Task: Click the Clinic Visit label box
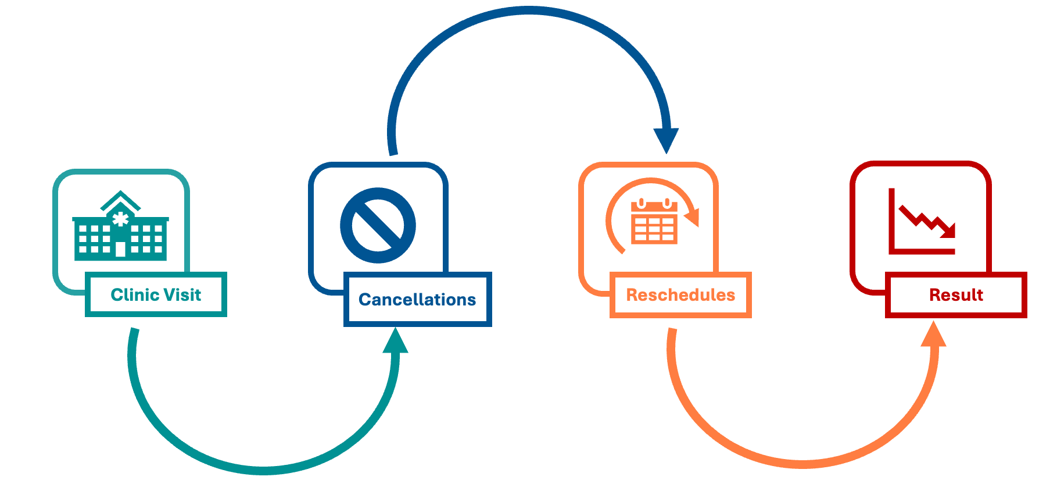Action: (x=156, y=294)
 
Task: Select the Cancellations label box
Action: (x=417, y=299)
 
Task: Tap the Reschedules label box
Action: (x=680, y=295)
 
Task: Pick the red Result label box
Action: (x=956, y=295)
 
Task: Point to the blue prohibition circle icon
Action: (x=378, y=225)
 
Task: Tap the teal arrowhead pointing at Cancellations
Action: (x=396, y=342)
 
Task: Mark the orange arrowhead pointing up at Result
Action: (x=933, y=335)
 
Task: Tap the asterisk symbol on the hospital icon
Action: (x=120, y=219)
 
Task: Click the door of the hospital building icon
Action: (x=120, y=250)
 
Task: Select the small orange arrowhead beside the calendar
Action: (x=693, y=218)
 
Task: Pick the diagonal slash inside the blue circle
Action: (x=378, y=225)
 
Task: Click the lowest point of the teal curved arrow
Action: (x=263, y=470)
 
